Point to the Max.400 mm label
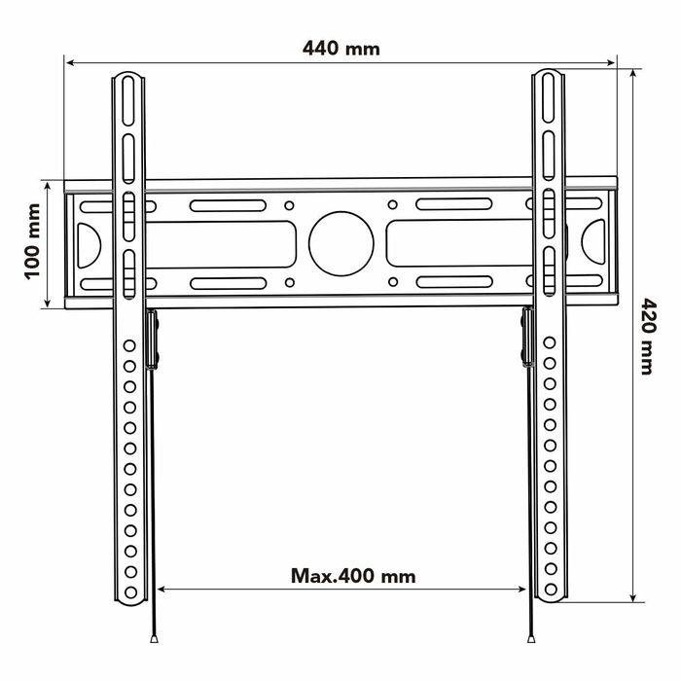[x=353, y=576]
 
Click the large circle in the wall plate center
[x=341, y=242]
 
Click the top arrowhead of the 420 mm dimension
[x=633, y=74]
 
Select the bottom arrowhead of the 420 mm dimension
[x=633, y=597]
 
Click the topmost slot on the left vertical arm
[x=128, y=97]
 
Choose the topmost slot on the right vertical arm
[x=550, y=97]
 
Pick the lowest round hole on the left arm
[x=128, y=589]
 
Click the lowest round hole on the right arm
[x=550, y=589]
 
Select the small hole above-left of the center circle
[x=290, y=205]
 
